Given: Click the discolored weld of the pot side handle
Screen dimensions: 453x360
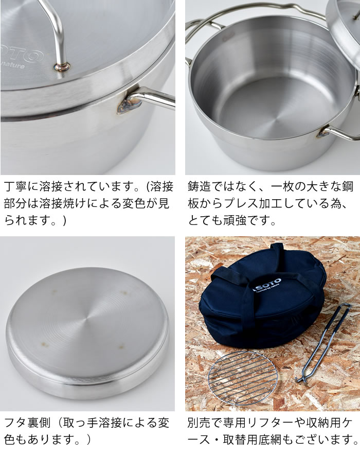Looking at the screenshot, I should tap(128, 106).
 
